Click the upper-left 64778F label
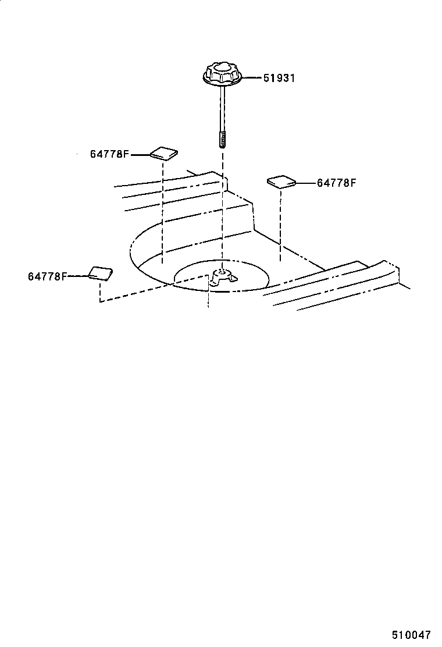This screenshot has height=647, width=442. (109, 154)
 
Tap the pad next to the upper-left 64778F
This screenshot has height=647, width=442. (164, 153)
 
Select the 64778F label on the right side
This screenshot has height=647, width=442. (336, 183)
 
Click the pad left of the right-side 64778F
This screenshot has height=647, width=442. (281, 182)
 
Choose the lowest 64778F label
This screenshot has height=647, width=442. (47, 276)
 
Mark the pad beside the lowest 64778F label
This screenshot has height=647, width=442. (99, 273)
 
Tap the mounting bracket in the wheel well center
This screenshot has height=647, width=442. (222, 278)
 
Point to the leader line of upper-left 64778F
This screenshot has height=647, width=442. (140, 154)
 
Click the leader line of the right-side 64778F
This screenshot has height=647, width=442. (306, 183)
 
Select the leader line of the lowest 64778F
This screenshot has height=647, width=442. (77, 276)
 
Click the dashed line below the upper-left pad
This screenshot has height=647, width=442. (163, 209)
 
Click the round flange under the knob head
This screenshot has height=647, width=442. (222, 81)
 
